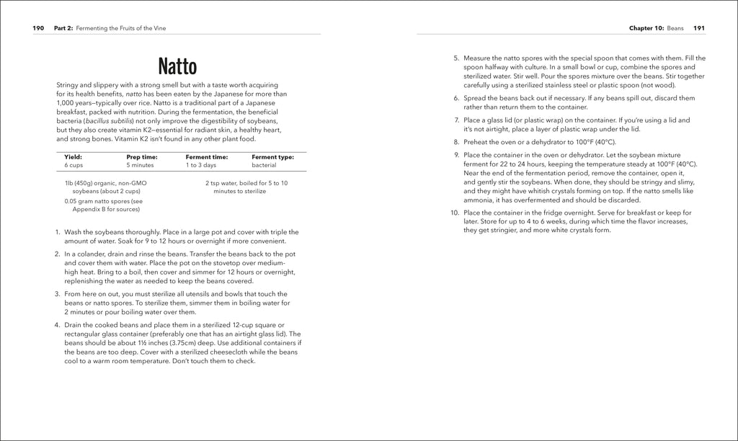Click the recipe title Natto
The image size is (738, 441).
(177, 68)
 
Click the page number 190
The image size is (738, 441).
(38, 28)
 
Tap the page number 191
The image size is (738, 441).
(698, 28)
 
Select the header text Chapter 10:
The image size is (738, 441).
(647, 28)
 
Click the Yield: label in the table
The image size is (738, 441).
(73, 156)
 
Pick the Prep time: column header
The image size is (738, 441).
(141, 156)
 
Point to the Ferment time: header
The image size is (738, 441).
(207, 156)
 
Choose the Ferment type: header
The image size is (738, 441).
(272, 156)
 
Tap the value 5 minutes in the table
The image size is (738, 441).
(141, 166)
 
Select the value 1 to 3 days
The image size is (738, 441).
(201, 166)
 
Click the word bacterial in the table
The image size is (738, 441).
(264, 166)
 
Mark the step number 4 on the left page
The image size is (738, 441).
(57, 325)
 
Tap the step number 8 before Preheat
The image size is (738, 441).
(455, 142)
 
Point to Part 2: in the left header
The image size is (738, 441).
(63, 28)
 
